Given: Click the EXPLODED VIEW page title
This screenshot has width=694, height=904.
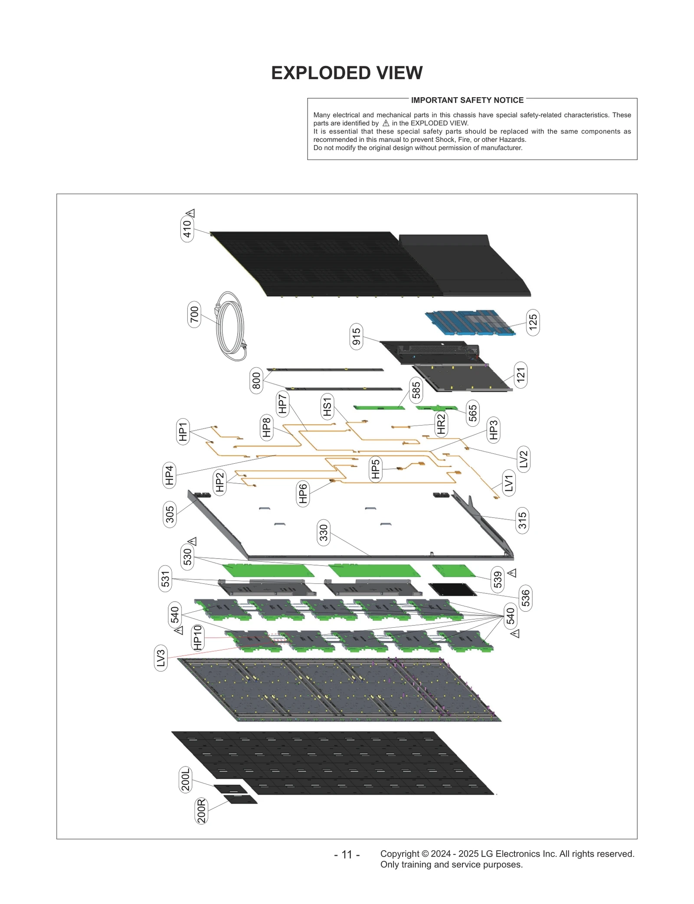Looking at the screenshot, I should tap(347, 73).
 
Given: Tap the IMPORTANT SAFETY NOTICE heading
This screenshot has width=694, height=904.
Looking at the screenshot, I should tap(467, 100).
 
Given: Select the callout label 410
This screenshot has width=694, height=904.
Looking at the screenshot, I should tap(187, 229).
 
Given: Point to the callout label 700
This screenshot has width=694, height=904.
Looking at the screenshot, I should tap(194, 314).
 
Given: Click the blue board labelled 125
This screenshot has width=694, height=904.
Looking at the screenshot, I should tap(470, 323).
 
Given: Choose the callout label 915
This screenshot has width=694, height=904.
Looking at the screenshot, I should tap(356, 337).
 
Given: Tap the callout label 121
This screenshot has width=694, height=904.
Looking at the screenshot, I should tap(520, 375).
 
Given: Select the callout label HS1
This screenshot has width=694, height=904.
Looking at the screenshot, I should tap(327, 407).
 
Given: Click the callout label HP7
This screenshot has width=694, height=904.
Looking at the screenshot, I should tap(282, 403).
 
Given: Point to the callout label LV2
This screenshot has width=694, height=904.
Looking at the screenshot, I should tap(524, 459).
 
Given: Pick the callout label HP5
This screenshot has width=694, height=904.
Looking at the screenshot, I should tap(375, 469).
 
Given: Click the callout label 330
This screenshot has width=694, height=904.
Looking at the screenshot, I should tap(324, 533).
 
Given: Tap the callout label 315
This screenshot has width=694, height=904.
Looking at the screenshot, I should tap(522, 521).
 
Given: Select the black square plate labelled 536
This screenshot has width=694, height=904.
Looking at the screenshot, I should tap(452, 589).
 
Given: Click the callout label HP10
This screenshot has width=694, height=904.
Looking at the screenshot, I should tap(197, 638).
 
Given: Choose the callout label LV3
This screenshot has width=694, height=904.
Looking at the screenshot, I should tap(161, 658).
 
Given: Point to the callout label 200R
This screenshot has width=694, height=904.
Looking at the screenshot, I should tap(202, 811).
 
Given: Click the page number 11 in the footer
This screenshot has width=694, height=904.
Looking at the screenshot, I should tap(347, 855).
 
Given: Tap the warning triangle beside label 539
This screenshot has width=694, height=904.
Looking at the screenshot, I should tap(512, 573).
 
